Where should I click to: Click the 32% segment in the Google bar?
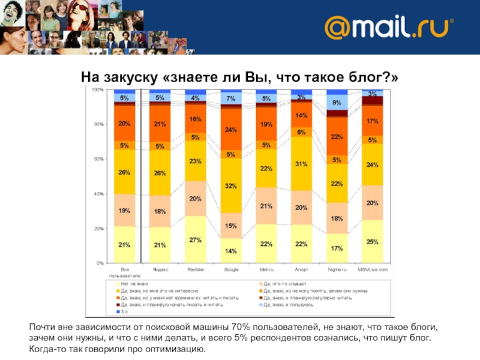pos(230,186)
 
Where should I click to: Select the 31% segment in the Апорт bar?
pos(301,164)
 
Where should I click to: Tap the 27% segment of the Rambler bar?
pos(195,239)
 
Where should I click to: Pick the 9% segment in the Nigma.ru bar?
pos(337,103)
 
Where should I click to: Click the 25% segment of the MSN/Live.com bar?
pos(372,242)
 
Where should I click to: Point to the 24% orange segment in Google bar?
pos(230,130)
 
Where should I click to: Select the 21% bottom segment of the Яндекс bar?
pos(160,245)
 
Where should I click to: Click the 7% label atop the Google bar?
pos(230,98)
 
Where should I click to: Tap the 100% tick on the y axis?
pos(97,89)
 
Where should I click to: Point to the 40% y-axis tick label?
pos(98,194)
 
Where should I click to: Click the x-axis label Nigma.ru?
pos(337,270)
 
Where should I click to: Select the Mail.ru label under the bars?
pos(266,270)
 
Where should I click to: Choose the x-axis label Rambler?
pos(195,270)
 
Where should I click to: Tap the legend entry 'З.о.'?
pos(124,312)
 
